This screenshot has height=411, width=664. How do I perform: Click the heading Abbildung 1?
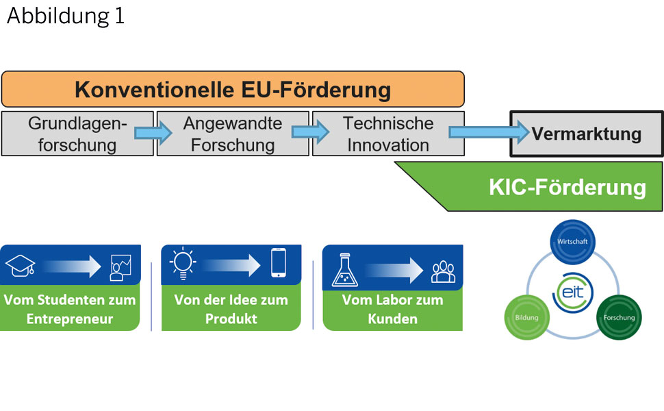pyautogui.click(x=66, y=16)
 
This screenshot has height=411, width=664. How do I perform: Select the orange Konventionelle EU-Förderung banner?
pyautogui.click(x=233, y=89)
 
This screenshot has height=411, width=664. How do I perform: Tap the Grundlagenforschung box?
pyautogui.click(x=77, y=134)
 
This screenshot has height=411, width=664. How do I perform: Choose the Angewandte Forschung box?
pyautogui.click(x=233, y=134)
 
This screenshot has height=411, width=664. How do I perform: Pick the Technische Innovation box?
pyautogui.click(x=387, y=134)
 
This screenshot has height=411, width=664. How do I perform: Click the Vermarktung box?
pyautogui.click(x=587, y=134)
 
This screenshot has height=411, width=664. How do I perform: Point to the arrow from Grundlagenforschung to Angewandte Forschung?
pyautogui.click(x=153, y=133)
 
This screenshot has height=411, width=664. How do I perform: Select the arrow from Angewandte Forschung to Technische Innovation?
pyautogui.click(x=309, y=133)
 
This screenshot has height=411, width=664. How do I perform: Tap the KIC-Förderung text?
pyautogui.click(x=567, y=187)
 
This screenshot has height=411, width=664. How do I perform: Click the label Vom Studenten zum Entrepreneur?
pyautogui.click(x=70, y=309)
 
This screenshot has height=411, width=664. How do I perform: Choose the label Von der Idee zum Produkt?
pyautogui.click(x=231, y=309)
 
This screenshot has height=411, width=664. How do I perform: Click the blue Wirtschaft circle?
pyautogui.click(x=573, y=242)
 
